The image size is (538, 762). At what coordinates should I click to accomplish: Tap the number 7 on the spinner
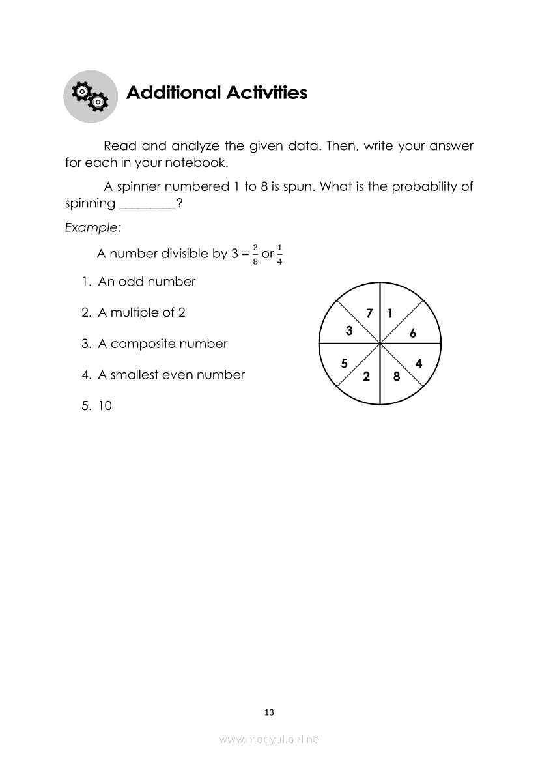[x=369, y=314]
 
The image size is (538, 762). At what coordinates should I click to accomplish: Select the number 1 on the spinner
[x=389, y=314]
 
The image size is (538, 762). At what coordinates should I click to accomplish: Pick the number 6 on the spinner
[x=412, y=334]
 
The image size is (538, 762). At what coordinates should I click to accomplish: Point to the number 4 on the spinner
[x=418, y=364]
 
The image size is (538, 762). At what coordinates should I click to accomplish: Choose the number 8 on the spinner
[x=396, y=376]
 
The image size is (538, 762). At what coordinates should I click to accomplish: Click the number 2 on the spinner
[x=366, y=376]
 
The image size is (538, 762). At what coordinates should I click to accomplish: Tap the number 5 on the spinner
[x=345, y=364]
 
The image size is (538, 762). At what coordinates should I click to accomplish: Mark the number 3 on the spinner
[x=349, y=331]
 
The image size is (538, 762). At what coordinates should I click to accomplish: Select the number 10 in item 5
[x=105, y=406]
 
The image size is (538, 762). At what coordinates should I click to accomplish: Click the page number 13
[x=270, y=712]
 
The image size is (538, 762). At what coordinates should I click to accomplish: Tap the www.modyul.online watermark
[x=269, y=739]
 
